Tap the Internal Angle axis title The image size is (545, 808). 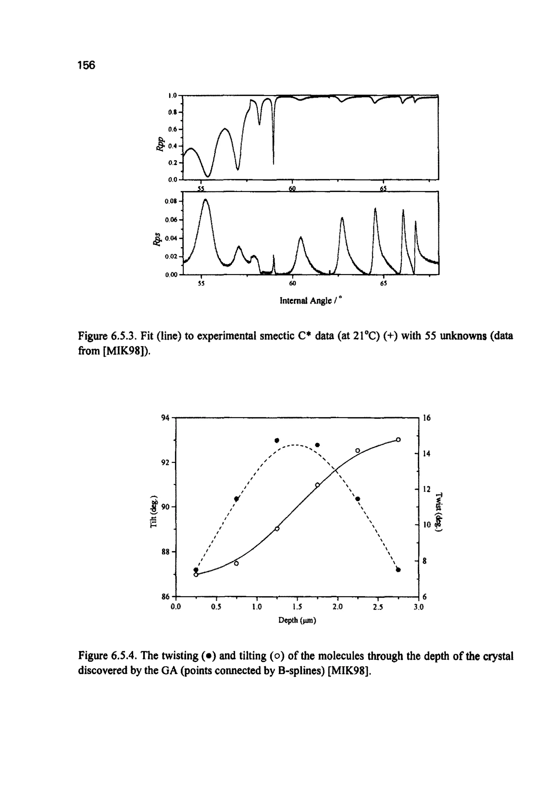(311, 301)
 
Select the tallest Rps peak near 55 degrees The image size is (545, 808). (205, 200)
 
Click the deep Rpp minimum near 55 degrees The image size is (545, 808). (208, 176)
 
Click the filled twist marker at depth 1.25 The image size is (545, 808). (277, 440)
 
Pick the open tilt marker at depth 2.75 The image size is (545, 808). (398, 439)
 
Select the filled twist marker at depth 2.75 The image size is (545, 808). (398, 570)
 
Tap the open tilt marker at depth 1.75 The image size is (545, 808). (317, 485)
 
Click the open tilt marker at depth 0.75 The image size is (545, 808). (236, 564)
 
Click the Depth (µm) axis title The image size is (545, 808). (297, 620)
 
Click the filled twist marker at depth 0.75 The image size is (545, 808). (236, 499)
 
